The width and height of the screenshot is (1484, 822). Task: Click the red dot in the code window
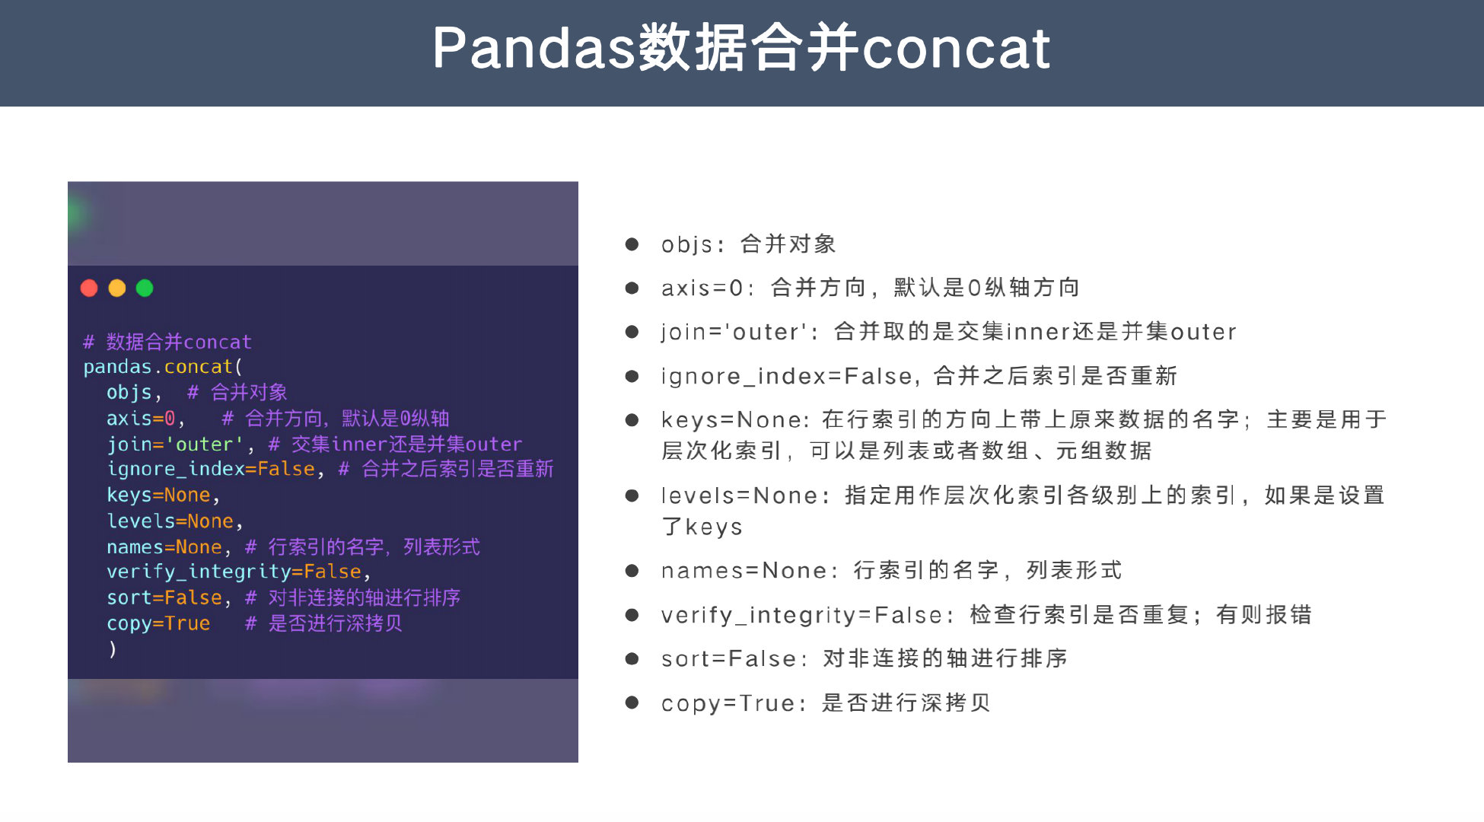click(x=89, y=288)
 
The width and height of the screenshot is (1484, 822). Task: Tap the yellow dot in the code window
click(x=117, y=288)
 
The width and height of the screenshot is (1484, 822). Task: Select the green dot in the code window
click(x=145, y=288)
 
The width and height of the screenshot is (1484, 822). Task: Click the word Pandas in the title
click(x=533, y=48)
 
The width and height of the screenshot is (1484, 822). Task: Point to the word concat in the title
click(x=956, y=48)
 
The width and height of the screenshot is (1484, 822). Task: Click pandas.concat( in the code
click(x=162, y=367)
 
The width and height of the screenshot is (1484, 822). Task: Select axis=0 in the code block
click(x=141, y=419)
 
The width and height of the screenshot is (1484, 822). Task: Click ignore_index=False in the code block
click(x=211, y=470)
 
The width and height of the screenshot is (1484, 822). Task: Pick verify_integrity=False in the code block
click(x=234, y=572)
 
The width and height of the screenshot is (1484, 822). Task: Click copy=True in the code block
click(x=158, y=623)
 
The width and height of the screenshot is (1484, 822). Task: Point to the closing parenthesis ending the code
click(x=113, y=649)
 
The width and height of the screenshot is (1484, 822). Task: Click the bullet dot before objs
click(x=632, y=244)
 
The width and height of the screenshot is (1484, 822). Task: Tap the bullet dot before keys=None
click(x=632, y=420)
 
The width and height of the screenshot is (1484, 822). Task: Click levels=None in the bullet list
click(x=738, y=496)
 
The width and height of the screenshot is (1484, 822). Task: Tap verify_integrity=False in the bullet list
click(x=801, y=615)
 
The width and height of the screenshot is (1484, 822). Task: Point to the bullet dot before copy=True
click(x=632, y=703)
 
